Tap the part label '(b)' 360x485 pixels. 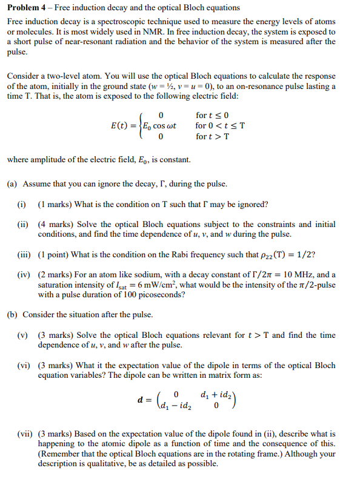(x=12, y=315)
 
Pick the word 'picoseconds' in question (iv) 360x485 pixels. (x=159, y=295)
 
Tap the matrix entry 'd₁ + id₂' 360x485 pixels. (x=209, y=394)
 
